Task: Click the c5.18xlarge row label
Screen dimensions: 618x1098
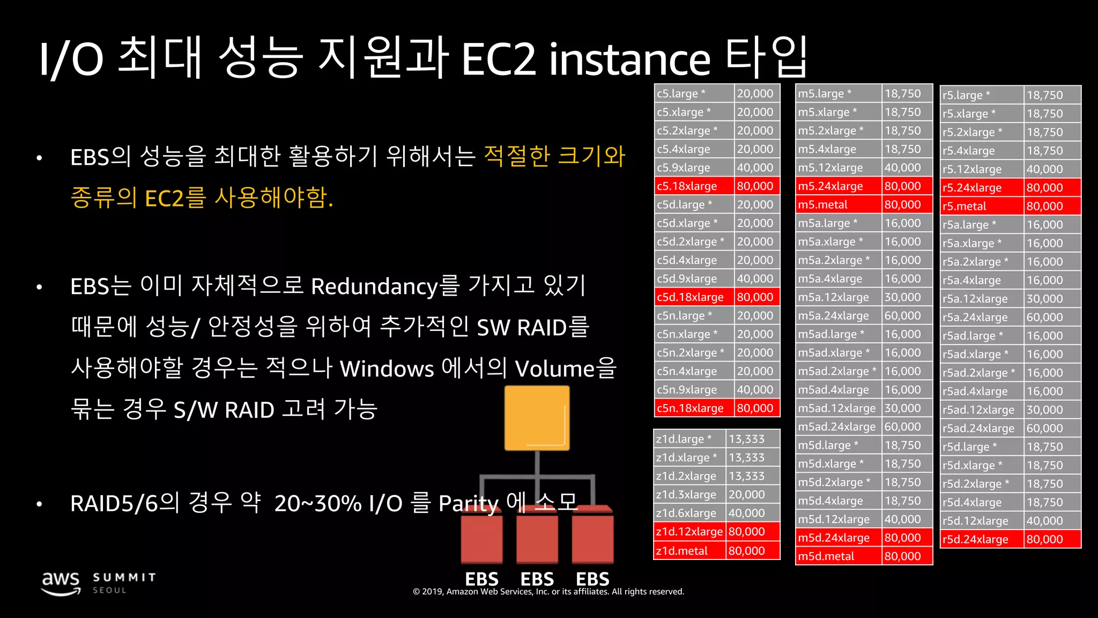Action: tap(687, 186)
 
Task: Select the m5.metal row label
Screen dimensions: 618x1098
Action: tap(822, 204)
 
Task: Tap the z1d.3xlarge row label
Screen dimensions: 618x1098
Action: tap(686, 495)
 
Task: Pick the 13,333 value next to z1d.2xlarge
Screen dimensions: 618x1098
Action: tap(746, 476)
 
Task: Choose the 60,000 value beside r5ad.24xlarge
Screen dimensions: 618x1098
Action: tap(1044, 428)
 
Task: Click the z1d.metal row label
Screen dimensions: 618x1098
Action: tap(681, 551)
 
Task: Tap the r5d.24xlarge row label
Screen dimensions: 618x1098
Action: tap(975, 539)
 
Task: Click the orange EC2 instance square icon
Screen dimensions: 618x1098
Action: tap(537, 418)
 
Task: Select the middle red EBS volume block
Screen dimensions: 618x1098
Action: tap(537, 536)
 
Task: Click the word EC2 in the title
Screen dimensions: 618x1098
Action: tap(498, 59)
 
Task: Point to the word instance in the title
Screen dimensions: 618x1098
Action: tap(630, 59)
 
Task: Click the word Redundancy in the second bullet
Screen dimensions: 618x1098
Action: tap(374, 286)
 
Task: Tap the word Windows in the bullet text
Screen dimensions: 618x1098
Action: tap(387, 369)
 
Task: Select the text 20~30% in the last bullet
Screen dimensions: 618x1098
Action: tap(317, 503)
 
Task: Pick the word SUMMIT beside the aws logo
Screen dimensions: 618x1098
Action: tap(124, 577)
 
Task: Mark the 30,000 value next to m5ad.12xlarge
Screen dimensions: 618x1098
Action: tap(902, 408)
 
